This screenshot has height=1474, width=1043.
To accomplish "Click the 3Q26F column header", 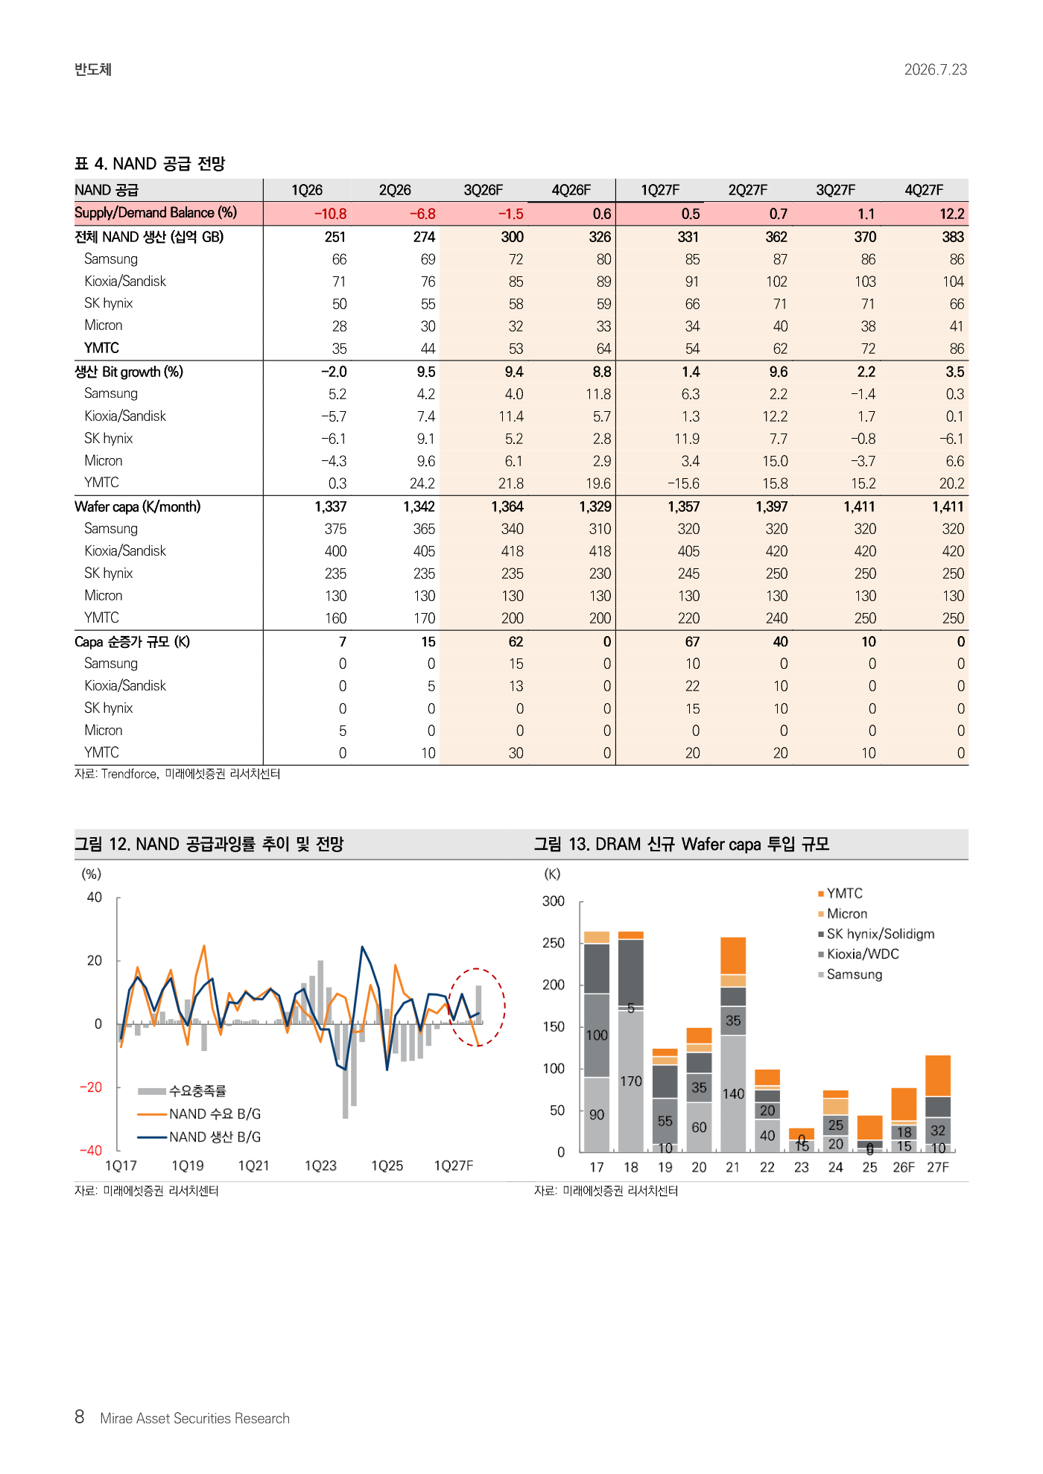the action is [x=483, y=190].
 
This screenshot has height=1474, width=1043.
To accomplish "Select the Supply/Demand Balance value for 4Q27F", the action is [x=951, y=214].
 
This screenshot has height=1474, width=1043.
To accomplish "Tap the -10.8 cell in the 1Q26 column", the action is [x=330, y=214].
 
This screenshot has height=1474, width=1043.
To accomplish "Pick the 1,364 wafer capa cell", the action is [x=507, y=506].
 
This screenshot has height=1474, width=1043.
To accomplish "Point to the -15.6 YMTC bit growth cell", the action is [x=684, y=483].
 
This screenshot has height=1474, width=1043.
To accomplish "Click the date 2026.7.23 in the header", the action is [x=936, y=69].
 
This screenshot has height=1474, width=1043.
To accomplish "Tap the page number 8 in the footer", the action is [x=80, y=1417].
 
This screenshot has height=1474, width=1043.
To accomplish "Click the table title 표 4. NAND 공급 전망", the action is [x=150, y=164].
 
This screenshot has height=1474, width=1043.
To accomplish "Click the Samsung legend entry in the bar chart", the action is [x=849, y=974].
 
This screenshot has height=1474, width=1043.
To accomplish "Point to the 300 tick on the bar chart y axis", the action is [x=554, y=900].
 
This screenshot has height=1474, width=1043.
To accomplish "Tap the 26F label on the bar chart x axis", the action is [x=904, y=1167].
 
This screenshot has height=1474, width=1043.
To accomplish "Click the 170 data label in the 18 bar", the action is [x=631, y=1081].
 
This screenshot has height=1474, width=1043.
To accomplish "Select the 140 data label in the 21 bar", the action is [x=733, y=1093].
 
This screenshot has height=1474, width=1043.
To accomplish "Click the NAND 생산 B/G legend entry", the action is [x=199, y=1137].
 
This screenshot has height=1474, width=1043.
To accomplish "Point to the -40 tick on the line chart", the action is [x=90, y=1151].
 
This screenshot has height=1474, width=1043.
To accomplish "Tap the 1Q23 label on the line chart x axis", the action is [x=320, y=1166].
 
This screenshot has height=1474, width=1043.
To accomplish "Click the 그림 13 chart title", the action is [x=682, y=844].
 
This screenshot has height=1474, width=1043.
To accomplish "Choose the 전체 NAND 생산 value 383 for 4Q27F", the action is [x=952, y=237].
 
